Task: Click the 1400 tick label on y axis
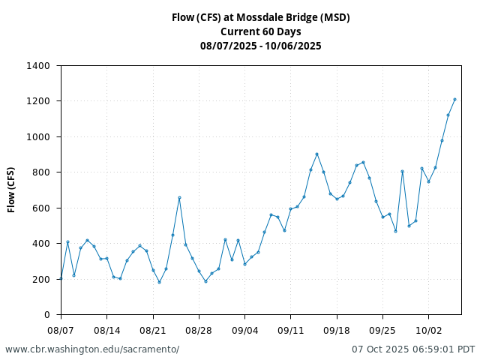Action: (38, 66)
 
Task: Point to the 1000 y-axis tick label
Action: (38, 137)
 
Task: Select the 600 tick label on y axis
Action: (41, 208)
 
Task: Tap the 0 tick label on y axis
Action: (46, 315)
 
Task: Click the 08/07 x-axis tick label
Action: (61, 330)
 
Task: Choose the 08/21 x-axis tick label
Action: (153, 330)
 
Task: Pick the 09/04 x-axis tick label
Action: (244, 330)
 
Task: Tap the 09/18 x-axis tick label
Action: (337, 330)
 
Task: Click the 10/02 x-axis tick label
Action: (428, 330)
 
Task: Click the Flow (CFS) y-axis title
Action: (12, 190)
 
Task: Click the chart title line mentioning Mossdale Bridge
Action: (260, 17)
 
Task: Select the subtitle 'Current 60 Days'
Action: (260, 31)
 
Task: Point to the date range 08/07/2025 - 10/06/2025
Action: (260, 46)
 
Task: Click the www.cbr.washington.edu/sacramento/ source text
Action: (92, 349)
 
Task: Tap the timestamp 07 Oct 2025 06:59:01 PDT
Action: (413, 349)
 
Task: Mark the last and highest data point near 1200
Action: (454, 99)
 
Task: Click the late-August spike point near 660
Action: (179, 197)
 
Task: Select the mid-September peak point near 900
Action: (317, 154)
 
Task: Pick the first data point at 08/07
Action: (61, 278)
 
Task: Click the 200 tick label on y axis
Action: (41, 280)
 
